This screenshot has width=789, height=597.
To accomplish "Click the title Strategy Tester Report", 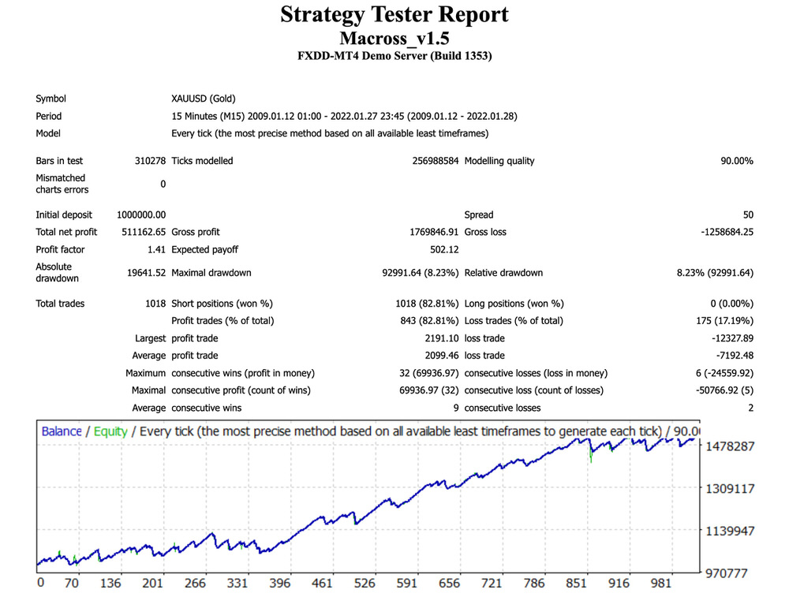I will (394, 15).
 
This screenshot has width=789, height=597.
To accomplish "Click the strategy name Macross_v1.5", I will (394, 38).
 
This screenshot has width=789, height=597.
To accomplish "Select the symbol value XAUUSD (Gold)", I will (203, 99).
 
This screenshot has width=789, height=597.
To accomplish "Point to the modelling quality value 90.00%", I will (736, 161).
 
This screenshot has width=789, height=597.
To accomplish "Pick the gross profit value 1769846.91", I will (425, 232).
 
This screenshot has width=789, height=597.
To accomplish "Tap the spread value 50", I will (747, 215).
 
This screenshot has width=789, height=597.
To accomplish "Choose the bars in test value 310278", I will (150, 161).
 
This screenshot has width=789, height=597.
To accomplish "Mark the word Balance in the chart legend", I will (62, 431).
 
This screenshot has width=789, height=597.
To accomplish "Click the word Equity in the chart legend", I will (110, 431).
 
